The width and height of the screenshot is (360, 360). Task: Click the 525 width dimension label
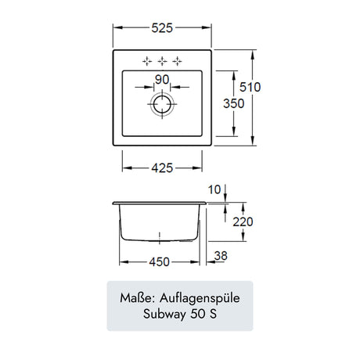162,28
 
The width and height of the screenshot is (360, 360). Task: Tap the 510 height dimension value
250,87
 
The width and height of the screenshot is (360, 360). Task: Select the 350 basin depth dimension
233,103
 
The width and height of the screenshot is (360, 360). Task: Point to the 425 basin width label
162,168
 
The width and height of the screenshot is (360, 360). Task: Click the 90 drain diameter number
162,79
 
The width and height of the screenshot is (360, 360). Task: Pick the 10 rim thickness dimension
214,189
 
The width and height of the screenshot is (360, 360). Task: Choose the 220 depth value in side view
243,222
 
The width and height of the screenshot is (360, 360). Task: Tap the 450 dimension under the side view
160,262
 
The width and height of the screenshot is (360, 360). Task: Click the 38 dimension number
221,256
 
